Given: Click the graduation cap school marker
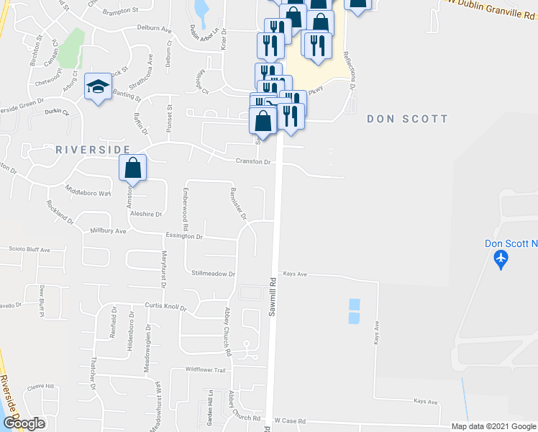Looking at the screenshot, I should [98, 87].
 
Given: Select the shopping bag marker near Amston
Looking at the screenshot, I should [133, 168].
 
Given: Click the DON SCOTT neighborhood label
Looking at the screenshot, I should [407, 119].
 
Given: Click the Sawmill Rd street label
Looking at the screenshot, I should [273, 296].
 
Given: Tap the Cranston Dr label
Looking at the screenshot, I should [253, 162].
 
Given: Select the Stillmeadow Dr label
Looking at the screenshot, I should [214, 274].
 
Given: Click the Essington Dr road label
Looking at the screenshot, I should [183, 235].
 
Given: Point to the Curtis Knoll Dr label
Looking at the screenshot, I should [165, 306].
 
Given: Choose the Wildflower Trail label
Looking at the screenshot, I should [206, 369].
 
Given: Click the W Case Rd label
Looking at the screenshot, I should [290, 420].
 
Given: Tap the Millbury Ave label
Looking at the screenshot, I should [109, 231].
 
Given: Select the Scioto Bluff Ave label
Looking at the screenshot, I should [25, 250].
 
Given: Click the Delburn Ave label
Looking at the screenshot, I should [155, 30].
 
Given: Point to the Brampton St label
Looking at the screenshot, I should [120, 12].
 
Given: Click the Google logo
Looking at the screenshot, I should [23, 423].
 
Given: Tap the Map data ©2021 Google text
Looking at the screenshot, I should [493, 426].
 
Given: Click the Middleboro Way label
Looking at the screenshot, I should [88, 193].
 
